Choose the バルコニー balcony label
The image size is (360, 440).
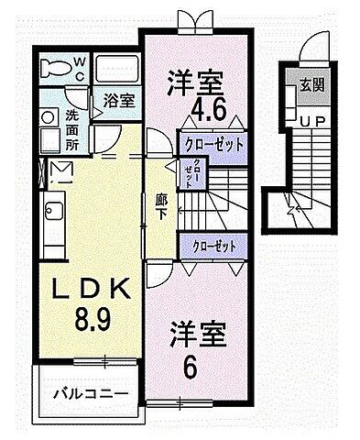point(89,395)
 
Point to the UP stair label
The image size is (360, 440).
point(307,121)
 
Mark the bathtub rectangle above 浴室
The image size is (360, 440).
point(115,68)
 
